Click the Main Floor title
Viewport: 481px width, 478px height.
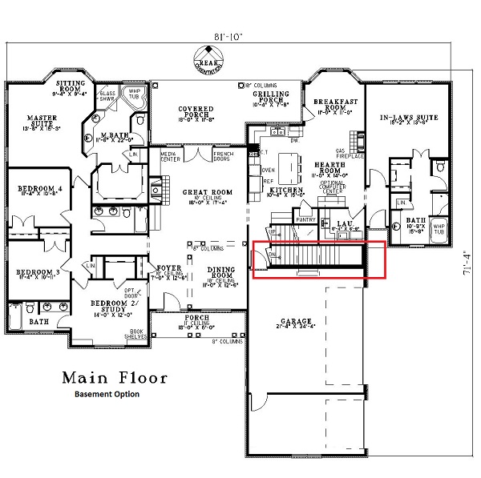coord(114,377)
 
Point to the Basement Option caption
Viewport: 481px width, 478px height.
coord(107,394)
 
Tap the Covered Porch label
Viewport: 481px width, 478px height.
coord(196,112)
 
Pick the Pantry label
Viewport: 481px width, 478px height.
coord(305,218)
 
